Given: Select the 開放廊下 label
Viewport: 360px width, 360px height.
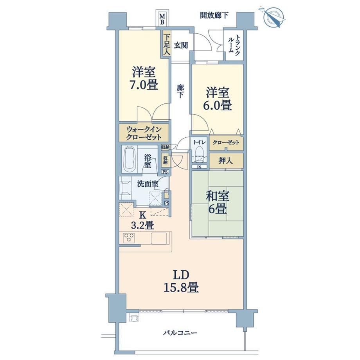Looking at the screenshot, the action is click(x=214, y=15).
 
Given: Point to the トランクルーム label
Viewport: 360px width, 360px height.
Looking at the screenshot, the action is click(x=234, y=44).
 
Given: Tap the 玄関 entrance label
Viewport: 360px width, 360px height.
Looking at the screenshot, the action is click(x=181, y=45).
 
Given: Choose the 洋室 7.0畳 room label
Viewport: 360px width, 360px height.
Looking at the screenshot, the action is click(x=144, y=79).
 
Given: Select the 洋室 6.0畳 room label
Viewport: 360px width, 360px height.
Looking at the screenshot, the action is click(x=217, y=99).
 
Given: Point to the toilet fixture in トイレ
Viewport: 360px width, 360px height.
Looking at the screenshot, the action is click(x=199, y=154).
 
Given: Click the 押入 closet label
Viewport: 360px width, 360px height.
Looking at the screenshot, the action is click(x=226, y=161).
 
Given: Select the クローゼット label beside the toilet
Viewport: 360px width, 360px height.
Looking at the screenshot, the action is click(x=226, y=142).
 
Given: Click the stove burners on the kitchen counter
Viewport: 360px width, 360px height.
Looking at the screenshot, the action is click(x=129, y=238).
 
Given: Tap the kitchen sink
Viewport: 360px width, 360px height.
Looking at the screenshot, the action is click(x=159, y=238).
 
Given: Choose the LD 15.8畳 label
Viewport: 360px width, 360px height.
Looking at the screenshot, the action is click(x=181, y=281).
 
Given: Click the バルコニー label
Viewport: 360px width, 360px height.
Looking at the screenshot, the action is click(x=180, y=333).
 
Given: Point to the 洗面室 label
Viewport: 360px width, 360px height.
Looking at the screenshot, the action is click(x=148, y=184).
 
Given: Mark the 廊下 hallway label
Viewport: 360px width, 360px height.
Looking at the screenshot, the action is click(x=180, y=91).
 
